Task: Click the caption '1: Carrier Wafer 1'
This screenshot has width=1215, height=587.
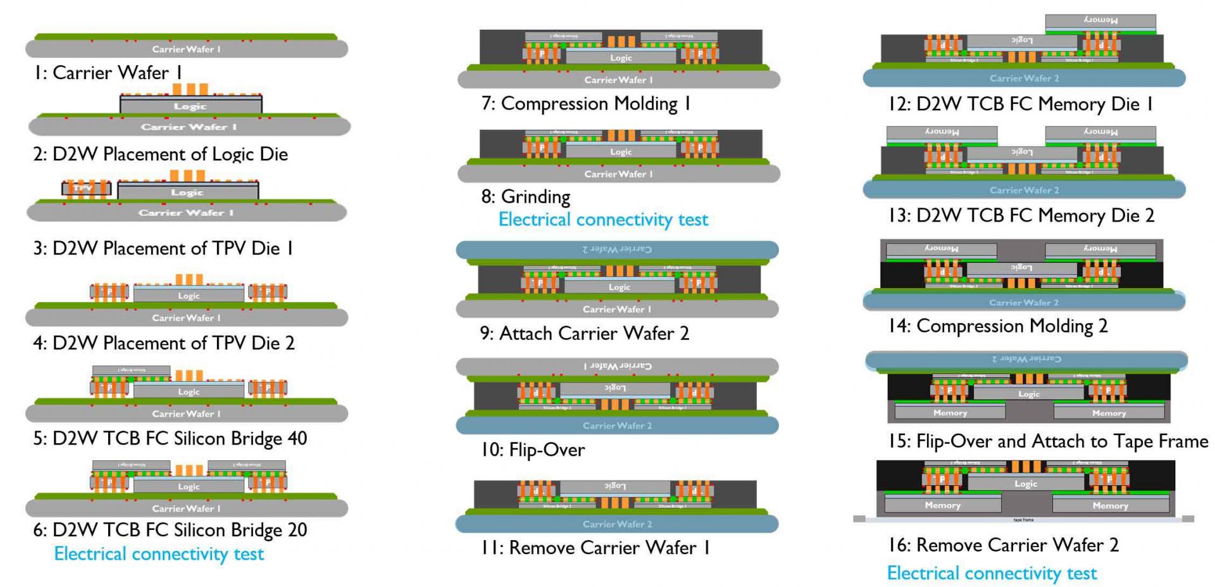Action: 108,73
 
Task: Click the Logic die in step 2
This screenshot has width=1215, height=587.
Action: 190,106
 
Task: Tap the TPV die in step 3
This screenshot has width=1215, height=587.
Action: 86,188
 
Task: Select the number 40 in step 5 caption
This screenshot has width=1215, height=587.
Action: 297,438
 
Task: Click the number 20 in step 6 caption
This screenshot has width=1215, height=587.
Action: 297,529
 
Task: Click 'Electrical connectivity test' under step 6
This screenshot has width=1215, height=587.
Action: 159,554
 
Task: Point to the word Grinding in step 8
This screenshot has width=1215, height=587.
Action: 535,197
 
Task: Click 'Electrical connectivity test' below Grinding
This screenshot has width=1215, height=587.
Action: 603,220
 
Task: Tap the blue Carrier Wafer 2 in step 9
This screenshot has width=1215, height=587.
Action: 617,249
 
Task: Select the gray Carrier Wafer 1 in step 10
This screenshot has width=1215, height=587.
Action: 617,366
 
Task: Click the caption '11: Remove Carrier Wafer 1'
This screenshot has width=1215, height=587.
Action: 595,548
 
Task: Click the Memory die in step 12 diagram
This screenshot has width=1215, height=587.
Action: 1100,21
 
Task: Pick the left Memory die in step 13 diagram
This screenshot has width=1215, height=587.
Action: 942,132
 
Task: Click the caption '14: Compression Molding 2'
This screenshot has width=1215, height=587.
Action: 998,326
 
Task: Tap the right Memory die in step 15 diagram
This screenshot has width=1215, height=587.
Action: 1109,413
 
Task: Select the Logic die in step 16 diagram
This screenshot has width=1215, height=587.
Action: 1025,484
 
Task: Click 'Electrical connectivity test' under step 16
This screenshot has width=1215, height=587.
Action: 992,574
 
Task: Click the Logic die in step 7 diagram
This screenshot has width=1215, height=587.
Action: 621,58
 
